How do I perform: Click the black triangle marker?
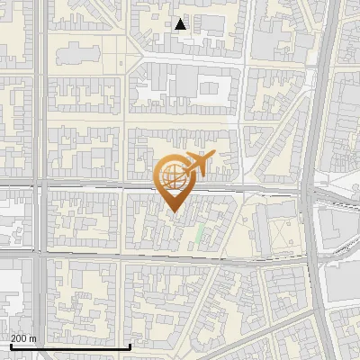click(181, 24)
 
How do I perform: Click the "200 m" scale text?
click(23, 338)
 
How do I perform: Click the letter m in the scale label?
click(32, 338)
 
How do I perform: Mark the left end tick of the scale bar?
click(11, 345)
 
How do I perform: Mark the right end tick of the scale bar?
click(130, 345)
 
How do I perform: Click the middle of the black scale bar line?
click(70, 346)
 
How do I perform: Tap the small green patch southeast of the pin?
click(200, 236)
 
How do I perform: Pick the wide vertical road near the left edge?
click(41, 135)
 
